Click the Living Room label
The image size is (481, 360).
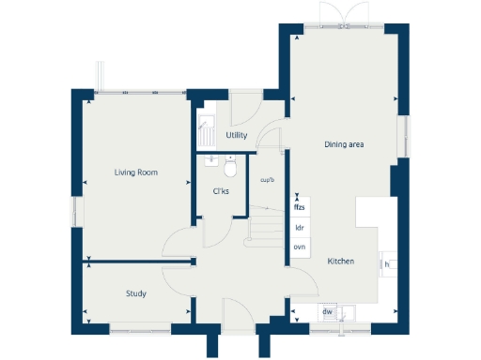click(135, 172)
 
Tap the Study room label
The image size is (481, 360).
click(135, 294)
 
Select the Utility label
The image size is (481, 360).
click(237, 136)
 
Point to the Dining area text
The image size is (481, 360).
click(344, 144)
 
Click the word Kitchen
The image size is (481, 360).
click(340, 261)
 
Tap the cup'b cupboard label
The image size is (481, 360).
click(267, 180)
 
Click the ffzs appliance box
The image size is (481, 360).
click(301, 206)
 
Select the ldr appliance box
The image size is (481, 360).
click(301, 227)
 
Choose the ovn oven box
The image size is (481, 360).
click(301, 247)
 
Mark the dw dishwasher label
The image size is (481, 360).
click(328, 312)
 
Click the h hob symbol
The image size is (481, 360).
click(386, 264)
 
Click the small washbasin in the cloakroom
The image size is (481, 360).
click(211, 159)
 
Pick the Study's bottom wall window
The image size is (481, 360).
click(136, 327)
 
